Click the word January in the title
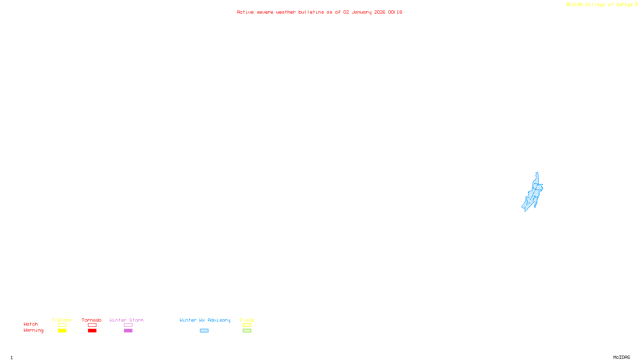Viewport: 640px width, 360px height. (x=362, y=12)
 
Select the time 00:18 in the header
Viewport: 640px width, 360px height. (x=395, y=12)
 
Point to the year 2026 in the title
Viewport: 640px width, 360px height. (x=380, y=12)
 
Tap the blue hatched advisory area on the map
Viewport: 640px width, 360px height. (x=534, y=194)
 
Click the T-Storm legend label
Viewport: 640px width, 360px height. (x=62, y=320)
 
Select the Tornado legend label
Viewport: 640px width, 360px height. (x=92, y=320)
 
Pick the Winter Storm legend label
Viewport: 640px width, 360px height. (x=126, y=320)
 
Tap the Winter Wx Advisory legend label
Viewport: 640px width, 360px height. (x=205, y=320)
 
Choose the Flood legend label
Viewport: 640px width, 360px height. (x=247, y=320)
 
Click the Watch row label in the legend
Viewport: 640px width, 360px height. (x=31, y=324)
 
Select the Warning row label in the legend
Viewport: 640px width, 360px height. (x=33, y=330)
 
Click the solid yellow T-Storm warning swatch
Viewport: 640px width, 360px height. (x=62, y=331)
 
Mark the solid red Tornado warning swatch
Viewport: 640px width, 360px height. (x=92, y=331)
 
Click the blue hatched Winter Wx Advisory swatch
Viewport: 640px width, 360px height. (x=204, y=331)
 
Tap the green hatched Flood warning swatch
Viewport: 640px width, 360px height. (x=247, y=331)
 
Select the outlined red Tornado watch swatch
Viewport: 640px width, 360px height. (x=92, y=325)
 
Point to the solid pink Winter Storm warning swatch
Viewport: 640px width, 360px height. (x=128, y=331)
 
